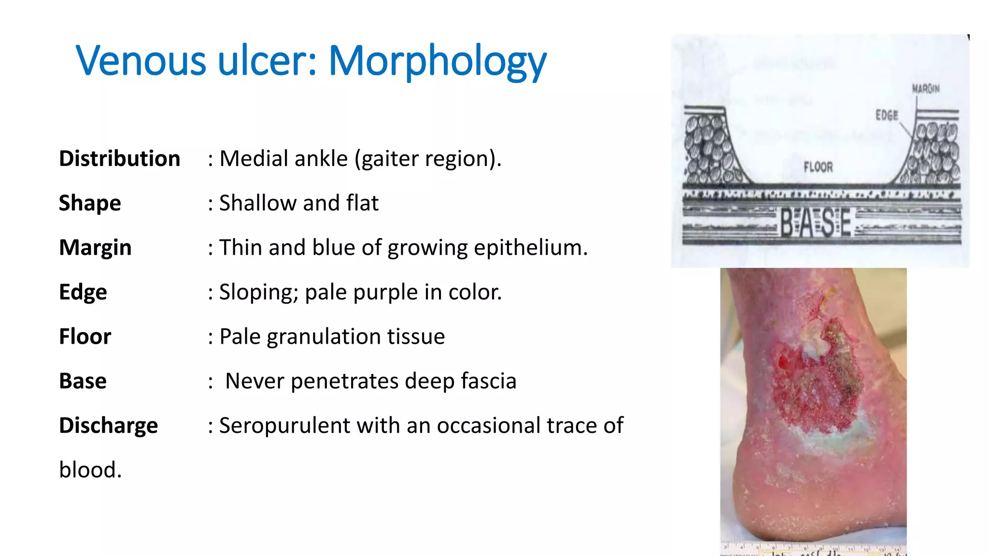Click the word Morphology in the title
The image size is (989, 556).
pos(437,62)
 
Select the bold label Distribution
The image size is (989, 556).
pos(119,158)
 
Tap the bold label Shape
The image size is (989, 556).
pos(90,203)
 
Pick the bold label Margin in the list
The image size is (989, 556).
pos(95,248)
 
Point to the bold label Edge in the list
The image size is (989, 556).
pos(83,292)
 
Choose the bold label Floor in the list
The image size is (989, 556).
pos(85,336)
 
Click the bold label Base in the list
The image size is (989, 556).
pos(83,381)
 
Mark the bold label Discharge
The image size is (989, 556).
pos(108,425)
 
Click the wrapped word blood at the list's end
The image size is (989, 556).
pos(90,470)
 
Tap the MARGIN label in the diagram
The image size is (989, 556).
pos(925,89)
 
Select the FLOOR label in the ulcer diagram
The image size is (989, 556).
pos(818,167)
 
